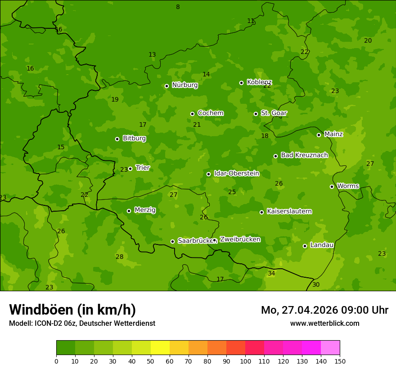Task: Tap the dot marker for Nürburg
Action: [x=166, y=86]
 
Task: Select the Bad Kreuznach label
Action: [x=304, y=155]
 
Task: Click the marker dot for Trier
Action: [x=130, y=169]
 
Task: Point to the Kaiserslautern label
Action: [x=289, y=211]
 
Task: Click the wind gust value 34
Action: [x=271, y=273]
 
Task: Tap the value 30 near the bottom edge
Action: [x=316, y=284]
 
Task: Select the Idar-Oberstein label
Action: [x=236, y=173]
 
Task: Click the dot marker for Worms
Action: [x=332, y=186]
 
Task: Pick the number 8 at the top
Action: [x=178, y=7]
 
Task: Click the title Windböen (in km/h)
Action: [x=72, y=310]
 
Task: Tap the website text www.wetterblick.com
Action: [x=324, y=323]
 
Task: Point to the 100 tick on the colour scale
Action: [x=245, y=361]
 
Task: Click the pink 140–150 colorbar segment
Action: [x=330, y=348]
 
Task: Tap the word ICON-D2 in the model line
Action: [x=47, y=323]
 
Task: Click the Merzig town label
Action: [x=145, y=210]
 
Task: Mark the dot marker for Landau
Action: [x=305, y=246]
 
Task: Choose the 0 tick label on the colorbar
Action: [x=56, y=361]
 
